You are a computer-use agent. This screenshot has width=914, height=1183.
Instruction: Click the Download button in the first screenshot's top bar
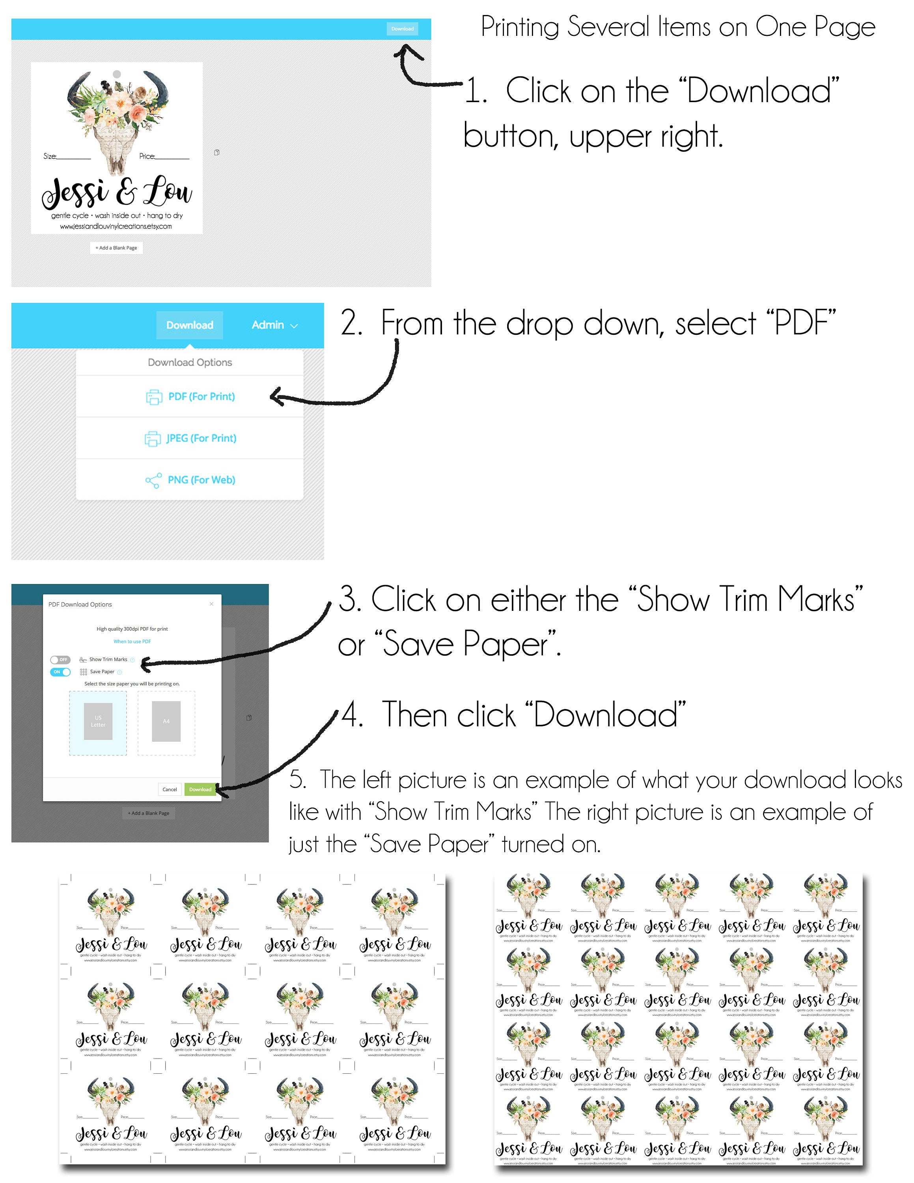coord(402,29)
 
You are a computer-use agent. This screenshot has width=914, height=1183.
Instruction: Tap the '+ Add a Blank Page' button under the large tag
coord(116,248)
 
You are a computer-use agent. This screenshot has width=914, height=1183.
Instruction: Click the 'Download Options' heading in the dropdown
coord(190,362)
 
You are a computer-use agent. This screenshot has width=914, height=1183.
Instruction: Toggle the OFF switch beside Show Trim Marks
coord(60,660)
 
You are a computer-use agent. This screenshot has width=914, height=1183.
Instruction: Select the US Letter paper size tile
coord(98,722)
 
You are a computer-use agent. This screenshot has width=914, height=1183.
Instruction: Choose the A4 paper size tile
coord(166,722)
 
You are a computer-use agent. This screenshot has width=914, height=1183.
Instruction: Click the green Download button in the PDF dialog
coord(200,789)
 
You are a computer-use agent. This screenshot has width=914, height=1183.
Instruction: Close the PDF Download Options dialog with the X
coord(212,604)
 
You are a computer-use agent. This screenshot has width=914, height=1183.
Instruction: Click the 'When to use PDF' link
coord(132,641)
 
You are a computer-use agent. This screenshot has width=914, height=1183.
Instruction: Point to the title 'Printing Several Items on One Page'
coord(678,27)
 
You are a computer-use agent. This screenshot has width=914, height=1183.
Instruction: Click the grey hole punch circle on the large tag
coord(117,74)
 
